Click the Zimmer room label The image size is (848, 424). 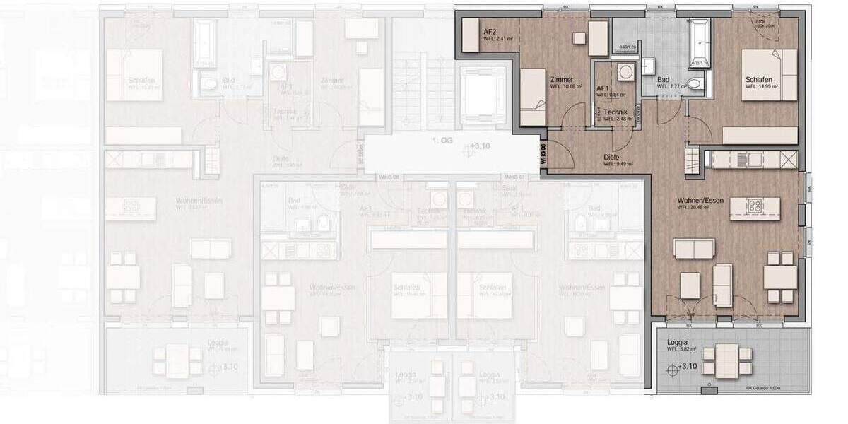pos(561,80)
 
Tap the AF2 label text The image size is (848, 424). pos(490,32)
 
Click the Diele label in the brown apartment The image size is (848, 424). pos(612,158)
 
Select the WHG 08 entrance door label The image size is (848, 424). pos(543,154)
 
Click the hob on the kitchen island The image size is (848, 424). pos(753,207)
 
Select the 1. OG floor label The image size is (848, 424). pos(444,141)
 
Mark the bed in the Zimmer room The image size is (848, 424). pos(534,97)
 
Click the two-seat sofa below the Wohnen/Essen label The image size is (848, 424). pos(693,248)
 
